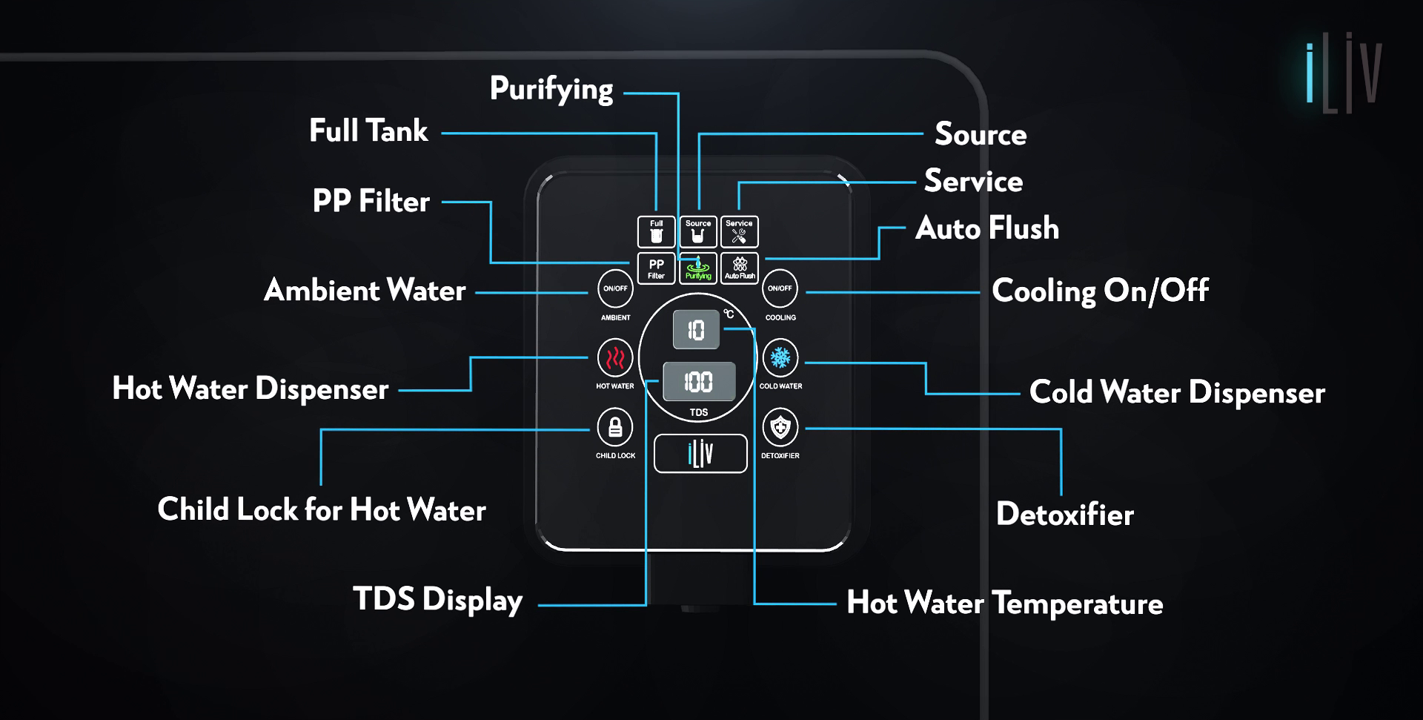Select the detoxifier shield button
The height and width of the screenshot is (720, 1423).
tap(780, 428)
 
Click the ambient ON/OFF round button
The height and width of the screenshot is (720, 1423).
tap(615, 288)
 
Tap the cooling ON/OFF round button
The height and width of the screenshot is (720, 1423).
tap(780, 288)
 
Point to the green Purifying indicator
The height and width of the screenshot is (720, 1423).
tap(698, 268)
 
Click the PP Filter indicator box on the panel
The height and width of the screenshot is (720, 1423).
tap(656, 268)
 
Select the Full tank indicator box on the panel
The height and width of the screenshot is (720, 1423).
tap(656, 231)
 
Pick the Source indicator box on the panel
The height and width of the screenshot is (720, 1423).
tap(698, 231)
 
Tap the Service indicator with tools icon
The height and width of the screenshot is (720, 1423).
tap(739, 231)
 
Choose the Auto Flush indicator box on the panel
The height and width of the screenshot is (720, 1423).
tap(740, 268)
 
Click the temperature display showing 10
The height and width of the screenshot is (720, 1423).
tap(696, 330)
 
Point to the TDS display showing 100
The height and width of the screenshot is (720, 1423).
tap(699, 382)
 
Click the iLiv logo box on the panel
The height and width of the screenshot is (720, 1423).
tap(700, 453)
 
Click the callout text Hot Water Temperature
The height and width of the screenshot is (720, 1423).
tap(1004, 603)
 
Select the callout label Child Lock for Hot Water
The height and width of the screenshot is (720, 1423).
tap(322, 510)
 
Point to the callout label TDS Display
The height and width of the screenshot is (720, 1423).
tap(437, 599)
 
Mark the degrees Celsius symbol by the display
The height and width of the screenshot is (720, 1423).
tap(729, 314)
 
